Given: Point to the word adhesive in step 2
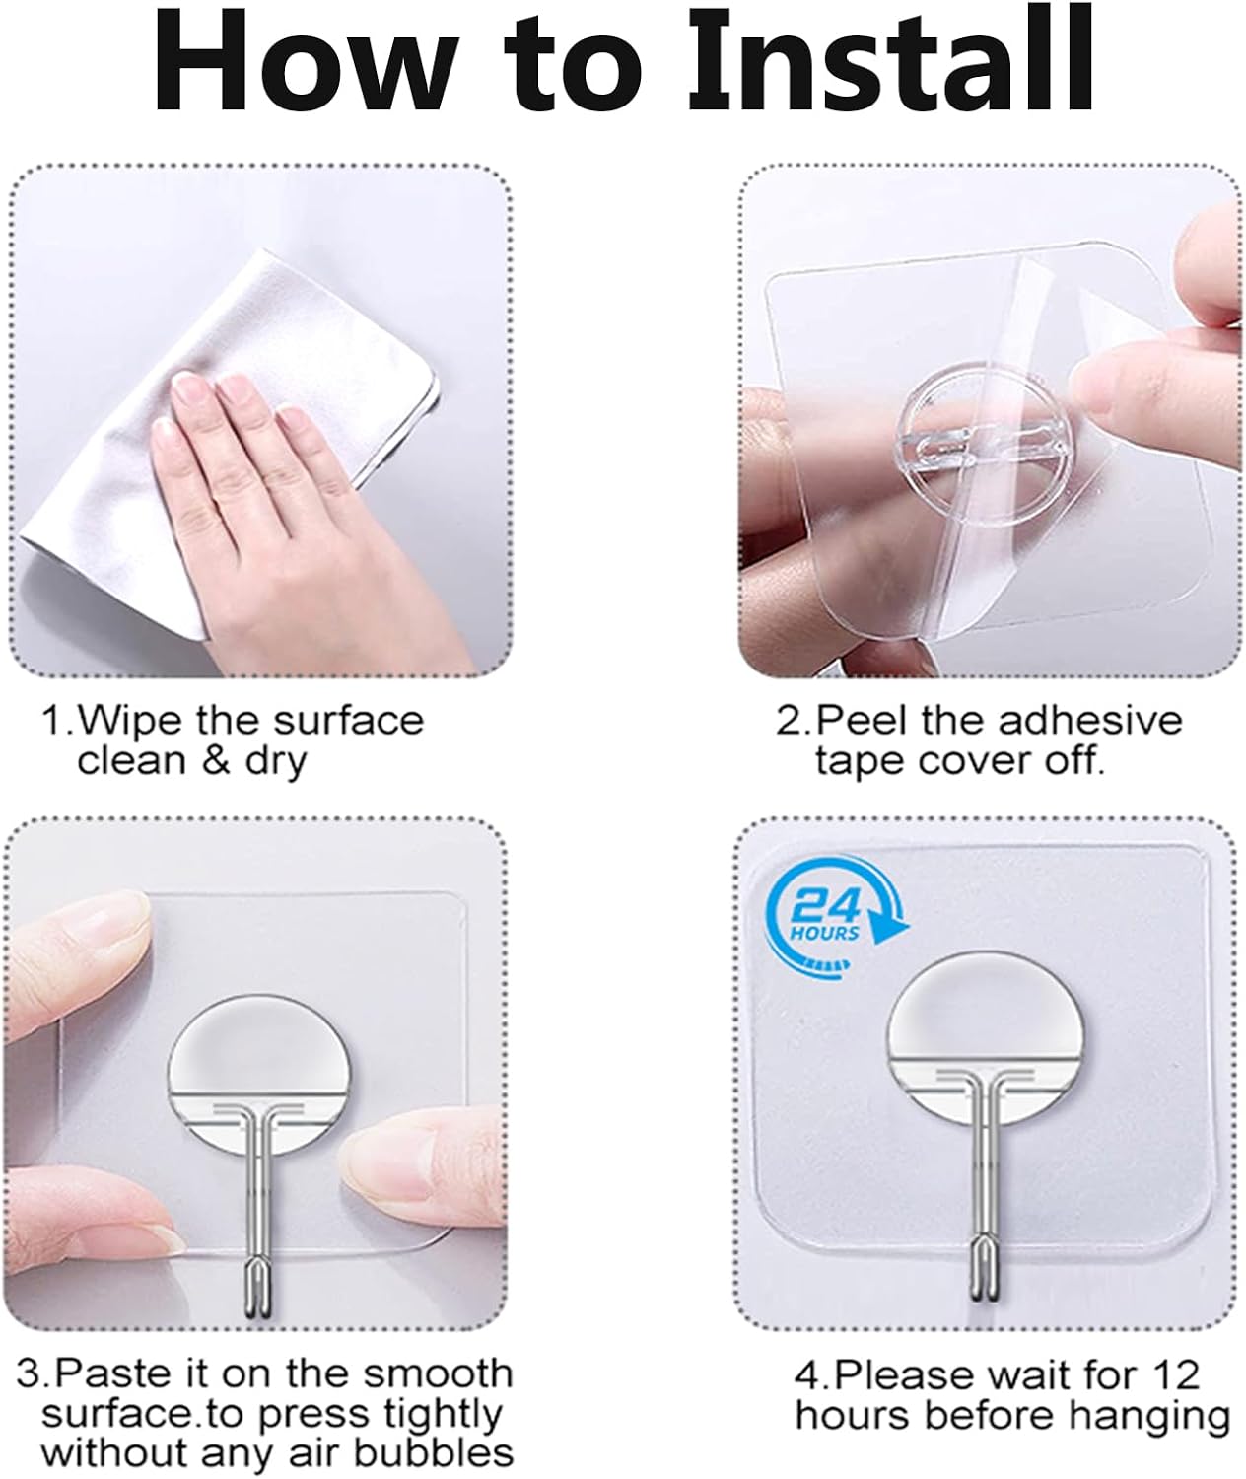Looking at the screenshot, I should pyautogui.click(x=1090, y=721).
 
